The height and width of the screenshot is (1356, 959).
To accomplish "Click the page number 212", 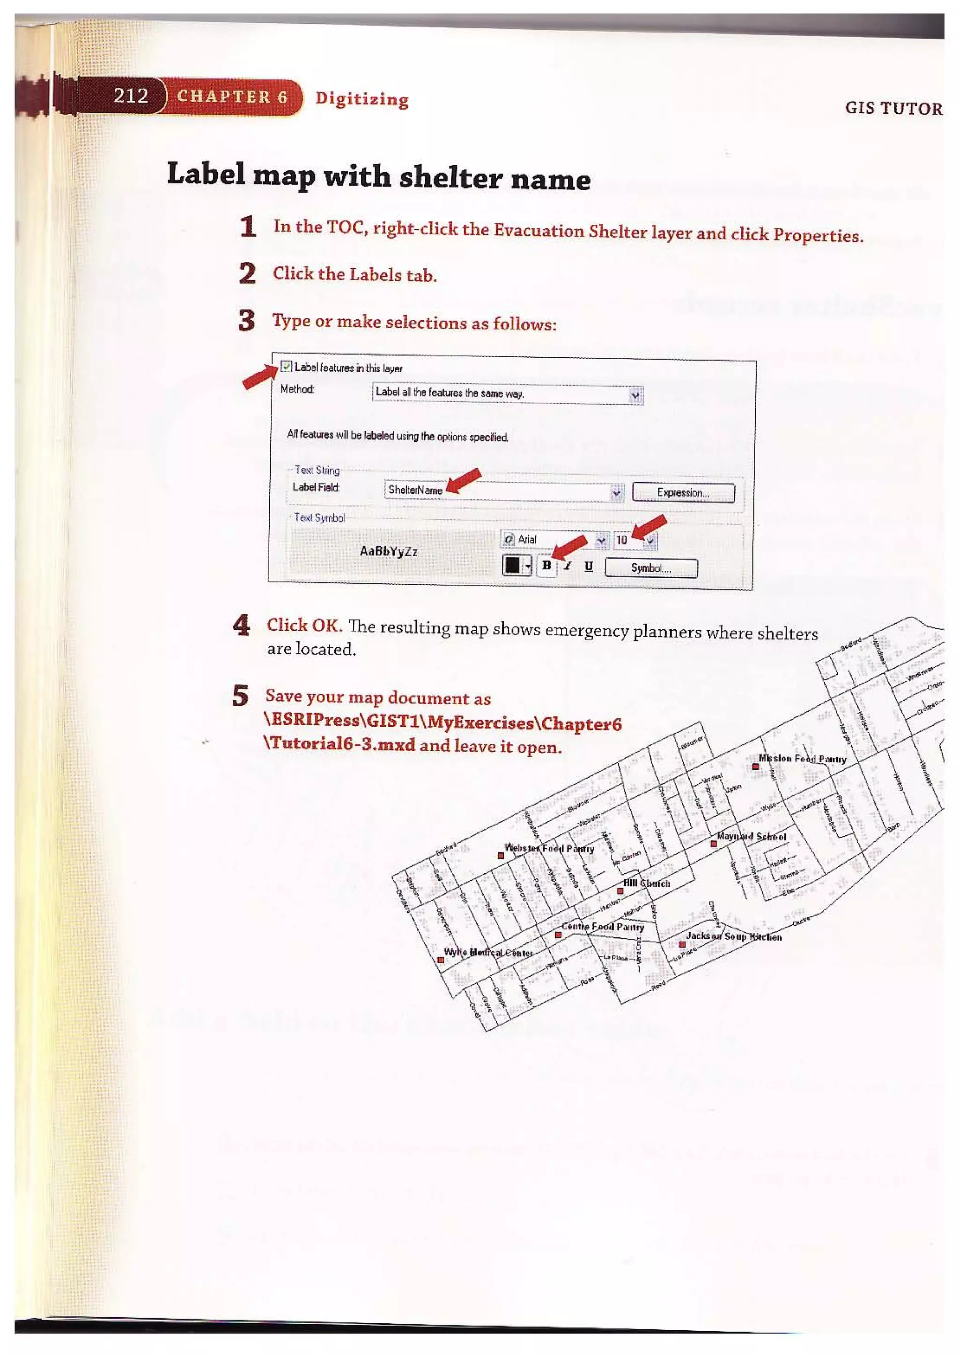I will point(131,95).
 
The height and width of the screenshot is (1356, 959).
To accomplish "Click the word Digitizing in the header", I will point(361,99).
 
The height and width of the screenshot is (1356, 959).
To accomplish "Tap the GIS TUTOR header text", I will point(893,108).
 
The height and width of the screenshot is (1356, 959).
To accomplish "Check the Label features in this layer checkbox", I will point(287,367).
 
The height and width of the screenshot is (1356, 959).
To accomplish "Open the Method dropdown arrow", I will point(635,395).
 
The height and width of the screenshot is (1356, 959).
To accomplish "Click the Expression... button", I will point(683,493).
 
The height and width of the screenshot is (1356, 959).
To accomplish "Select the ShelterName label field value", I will point(415,490).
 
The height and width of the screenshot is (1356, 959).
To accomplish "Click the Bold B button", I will point(547,566).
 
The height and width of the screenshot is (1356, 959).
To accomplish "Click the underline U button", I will point(588,567).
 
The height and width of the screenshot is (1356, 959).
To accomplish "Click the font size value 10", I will point(622,540).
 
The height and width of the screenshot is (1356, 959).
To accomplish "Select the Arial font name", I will point(527,539).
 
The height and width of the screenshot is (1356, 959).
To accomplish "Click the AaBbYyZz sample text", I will point(389,551).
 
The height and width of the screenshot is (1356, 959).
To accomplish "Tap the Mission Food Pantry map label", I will point(802,759).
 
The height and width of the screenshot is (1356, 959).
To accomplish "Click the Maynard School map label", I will point(751,836).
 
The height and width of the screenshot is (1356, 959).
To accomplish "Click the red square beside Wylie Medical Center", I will point(441,960).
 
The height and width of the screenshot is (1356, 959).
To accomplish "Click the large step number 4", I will point(241,625).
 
